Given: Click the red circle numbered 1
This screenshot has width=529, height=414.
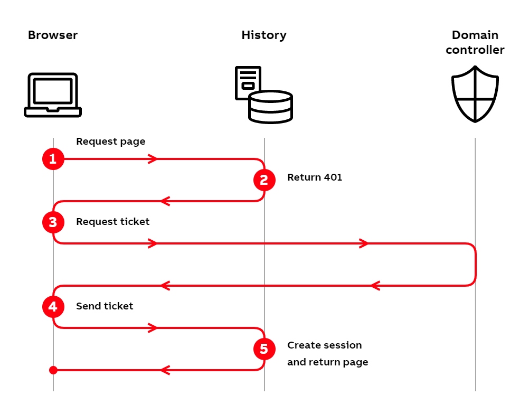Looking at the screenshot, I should tap(53, 159).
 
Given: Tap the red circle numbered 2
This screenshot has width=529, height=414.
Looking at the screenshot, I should tap(264, 180).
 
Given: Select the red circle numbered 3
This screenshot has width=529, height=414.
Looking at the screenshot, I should tap(53, 222).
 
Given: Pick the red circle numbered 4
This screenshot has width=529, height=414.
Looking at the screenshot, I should tap(53, 307).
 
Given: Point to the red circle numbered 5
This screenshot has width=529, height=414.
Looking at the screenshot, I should tap(264, 349).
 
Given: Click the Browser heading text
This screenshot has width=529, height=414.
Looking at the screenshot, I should tap(53, 35).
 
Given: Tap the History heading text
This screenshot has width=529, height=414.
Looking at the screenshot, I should tap(264, 35).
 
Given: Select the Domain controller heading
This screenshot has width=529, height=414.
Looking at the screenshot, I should tap(475, 43).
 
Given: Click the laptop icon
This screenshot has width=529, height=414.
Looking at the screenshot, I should tap(53, 95).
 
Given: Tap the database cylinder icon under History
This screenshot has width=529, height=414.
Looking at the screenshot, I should tap(271, 107).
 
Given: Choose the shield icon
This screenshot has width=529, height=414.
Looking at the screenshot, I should tap(475, 94).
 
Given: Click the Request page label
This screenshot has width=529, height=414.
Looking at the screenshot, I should tap(110, 142).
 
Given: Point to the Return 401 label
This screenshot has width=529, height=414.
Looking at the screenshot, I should tap(315, 177).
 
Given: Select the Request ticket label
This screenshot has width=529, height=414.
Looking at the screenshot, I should tap(112, 222).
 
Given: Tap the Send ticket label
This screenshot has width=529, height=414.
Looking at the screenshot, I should tap(105, 306).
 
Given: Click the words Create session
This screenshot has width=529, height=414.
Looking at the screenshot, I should tap(324, 345).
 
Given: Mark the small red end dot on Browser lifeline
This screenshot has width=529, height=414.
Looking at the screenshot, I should tap(53, 370).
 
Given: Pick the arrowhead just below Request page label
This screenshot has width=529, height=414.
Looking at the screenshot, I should tap(153, 159).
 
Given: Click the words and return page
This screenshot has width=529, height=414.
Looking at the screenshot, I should tap(327, 362).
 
